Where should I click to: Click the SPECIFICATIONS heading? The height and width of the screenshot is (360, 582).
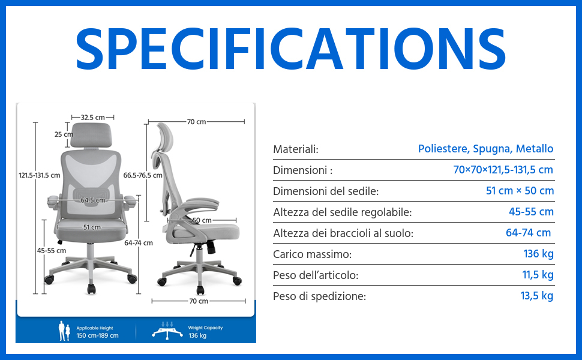(290, 49)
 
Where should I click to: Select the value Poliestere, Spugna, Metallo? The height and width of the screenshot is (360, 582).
(485, 149)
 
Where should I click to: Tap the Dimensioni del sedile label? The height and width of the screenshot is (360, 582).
(326, 191)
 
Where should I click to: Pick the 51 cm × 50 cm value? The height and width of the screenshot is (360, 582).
(520, 191)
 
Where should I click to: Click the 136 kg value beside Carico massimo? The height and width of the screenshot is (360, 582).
(538, 254)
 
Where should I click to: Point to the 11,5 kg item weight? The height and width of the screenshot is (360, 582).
(538, 275)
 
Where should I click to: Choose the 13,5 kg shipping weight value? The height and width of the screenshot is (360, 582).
(537, 296)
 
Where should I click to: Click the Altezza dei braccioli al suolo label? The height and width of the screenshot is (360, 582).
(343, 233)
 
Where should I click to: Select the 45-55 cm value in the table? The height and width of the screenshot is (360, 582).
(531, 212)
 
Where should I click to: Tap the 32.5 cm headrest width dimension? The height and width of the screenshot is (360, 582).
(93, 117)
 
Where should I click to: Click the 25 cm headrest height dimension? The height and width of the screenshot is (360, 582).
(64, 134)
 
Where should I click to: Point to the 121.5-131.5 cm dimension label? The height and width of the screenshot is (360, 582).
(40, 175)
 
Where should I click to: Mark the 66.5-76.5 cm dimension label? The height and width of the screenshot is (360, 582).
(143, 175)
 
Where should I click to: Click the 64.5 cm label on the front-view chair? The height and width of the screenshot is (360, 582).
(93, 200)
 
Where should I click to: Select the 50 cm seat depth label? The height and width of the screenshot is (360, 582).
(202, 220)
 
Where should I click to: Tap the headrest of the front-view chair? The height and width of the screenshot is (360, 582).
(91, 135)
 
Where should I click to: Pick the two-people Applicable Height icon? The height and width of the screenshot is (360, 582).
(64, 331)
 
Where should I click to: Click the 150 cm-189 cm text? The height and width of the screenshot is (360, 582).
(98, 335)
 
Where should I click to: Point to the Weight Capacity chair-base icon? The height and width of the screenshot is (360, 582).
(167, 331)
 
